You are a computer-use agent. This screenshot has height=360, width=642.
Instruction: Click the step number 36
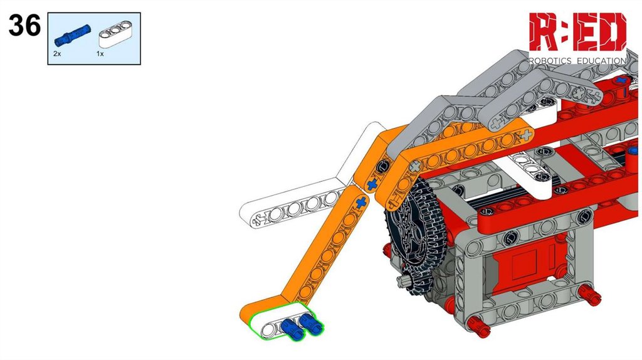[24, 25]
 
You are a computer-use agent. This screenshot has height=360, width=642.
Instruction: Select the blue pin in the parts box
[72, 34]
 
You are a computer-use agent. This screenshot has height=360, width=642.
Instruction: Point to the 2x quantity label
[57, 54]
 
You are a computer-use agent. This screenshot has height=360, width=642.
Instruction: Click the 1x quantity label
[100, 54]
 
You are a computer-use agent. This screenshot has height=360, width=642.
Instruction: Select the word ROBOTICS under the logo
[550, 61]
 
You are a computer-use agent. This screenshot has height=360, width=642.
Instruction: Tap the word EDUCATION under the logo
[601, 61]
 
